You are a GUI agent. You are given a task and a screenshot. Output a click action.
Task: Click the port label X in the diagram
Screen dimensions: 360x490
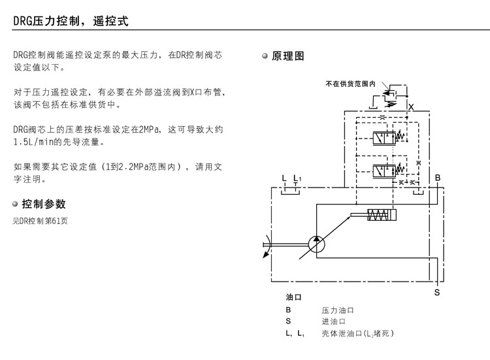point(410,106)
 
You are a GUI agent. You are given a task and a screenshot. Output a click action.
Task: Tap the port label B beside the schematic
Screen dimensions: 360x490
point(438,178)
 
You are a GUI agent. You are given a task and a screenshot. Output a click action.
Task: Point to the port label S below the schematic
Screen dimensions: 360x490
point(437,293)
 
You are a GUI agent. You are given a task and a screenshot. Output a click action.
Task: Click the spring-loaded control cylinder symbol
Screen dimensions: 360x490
point(379,215)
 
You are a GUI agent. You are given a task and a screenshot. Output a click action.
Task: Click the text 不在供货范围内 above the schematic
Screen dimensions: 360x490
point(350,84)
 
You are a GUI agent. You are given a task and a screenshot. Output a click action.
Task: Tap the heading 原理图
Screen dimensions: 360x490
point(288,56)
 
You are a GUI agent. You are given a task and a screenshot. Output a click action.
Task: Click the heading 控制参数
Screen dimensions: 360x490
point(44,204)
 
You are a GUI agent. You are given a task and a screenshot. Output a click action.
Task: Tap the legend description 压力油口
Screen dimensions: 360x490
point(337,310)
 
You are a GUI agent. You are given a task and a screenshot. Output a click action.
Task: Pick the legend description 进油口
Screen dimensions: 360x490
point(333,321)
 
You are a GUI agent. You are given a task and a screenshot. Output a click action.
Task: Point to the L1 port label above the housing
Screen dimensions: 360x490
point(297,178)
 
